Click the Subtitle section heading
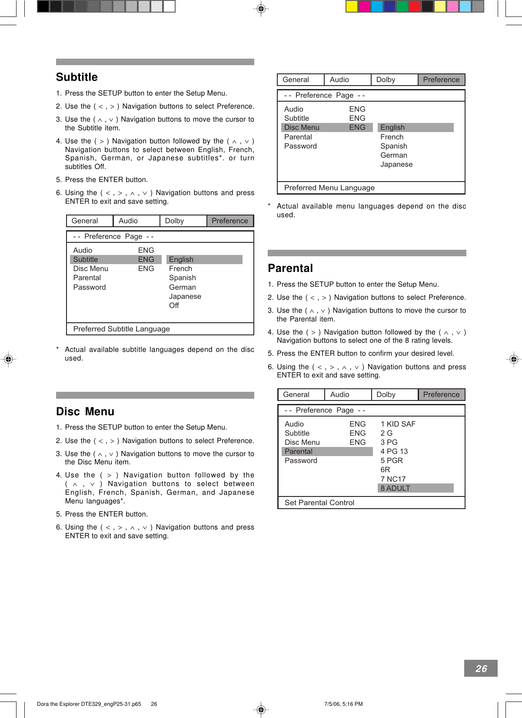[77, 77]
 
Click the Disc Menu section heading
[85, 411]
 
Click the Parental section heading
[290, 268]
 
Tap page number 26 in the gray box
[481, 668]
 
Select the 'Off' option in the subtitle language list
[174, 305]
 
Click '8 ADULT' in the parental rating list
[395, 488]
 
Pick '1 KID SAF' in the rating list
[398, 424]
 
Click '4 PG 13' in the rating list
[394, 451]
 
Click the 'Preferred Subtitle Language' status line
[121, 329]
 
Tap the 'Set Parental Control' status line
[319, 503]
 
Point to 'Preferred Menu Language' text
[329, 188]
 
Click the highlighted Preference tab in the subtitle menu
[229, 221]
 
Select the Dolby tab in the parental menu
[386, 394]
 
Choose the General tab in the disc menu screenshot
[296, 79]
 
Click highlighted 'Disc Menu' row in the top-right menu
[302, 127]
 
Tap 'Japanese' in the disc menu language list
[396, 164]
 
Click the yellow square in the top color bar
[352, 6]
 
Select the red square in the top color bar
[415, 6]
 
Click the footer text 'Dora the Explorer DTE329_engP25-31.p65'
[89, 704]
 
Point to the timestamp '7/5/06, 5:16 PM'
[343, 704]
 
